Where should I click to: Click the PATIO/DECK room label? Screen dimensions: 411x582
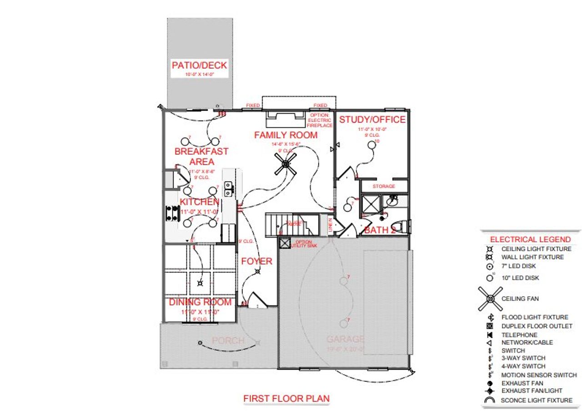199,65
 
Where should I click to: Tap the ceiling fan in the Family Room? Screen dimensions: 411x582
286,164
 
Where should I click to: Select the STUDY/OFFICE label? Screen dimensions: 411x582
372,120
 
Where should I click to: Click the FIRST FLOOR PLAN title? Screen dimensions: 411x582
286,399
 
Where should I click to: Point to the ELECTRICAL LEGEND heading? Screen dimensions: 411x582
530,239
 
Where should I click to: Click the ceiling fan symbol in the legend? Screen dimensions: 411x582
490,299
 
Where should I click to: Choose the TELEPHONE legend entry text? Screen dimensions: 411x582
520,335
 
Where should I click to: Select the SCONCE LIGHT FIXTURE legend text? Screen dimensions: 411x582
537,401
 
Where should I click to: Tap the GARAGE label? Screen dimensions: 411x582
345,339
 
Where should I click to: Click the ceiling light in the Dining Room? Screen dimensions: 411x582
200,283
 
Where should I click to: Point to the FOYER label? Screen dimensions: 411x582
256,261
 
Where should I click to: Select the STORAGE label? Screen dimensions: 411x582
384,187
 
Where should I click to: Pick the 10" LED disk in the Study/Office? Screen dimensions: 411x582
372,144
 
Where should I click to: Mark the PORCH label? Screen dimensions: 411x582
228,340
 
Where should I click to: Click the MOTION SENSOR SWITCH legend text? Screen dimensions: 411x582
539,375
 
